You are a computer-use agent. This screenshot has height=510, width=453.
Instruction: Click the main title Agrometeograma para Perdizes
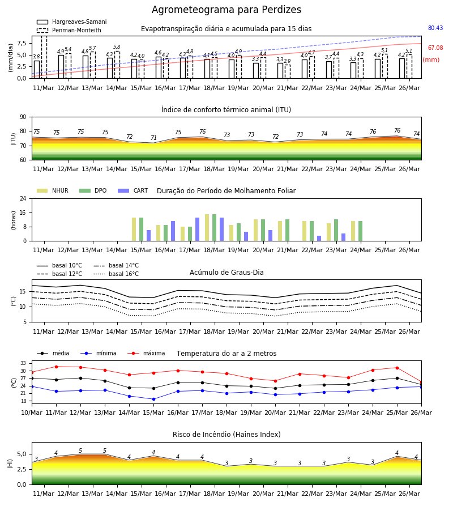[226, 10]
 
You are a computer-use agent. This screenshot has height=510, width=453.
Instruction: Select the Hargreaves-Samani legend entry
[71, 22]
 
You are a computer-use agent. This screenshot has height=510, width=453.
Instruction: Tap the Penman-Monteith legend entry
[69, 30]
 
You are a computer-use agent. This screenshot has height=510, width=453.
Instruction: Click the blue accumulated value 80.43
[435, 28]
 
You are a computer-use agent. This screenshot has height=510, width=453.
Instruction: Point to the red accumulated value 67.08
[435, 48]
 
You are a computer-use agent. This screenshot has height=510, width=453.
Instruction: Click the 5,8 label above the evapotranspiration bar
[117, 47]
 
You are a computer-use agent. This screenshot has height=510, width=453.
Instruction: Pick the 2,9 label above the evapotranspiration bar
[287, 61]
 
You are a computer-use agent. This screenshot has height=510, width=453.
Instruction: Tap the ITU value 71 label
[153, 138]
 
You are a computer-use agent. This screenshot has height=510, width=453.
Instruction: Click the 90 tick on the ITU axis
[23, 117]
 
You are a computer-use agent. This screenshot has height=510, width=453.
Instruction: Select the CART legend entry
[133, 190]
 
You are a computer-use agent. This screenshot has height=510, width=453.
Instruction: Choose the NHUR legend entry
[53, 190]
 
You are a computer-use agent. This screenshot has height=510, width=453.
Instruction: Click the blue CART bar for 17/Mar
[197, 229]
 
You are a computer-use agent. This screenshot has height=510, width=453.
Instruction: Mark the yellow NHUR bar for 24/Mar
[353, 231]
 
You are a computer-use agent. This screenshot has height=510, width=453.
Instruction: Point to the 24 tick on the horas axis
[23, 198]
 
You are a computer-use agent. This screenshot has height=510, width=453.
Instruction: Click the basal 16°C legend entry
[116, 274]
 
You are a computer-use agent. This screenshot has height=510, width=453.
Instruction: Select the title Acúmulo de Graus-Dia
[226, 272]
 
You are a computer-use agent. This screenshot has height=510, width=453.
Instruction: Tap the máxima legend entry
[146, 353]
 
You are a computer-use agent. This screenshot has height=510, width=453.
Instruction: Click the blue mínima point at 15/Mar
[153, 399]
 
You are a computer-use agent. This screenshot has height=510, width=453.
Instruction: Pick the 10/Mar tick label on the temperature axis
[32, 413]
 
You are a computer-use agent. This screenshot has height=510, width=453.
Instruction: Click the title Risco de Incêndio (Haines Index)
[226, 434]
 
